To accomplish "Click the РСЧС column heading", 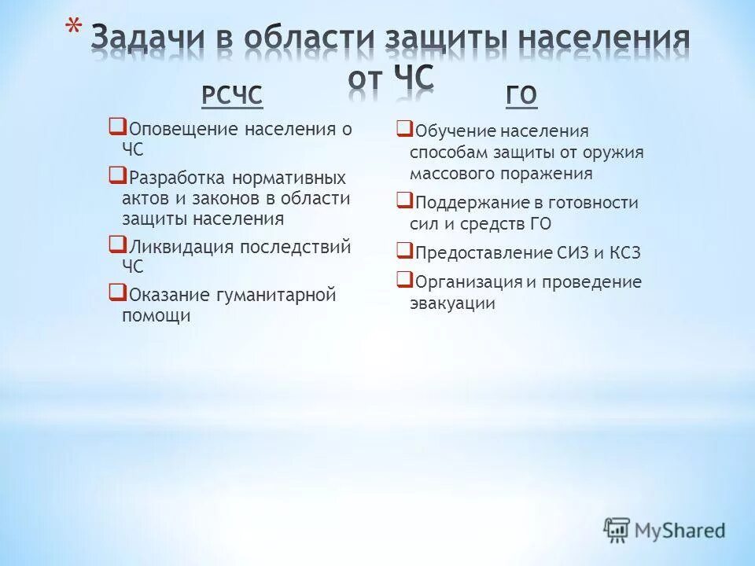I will coord(231,96).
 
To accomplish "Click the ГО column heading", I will coord(521,96).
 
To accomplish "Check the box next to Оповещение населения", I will coord(116,125).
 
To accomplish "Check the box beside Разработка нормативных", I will coord(116,174).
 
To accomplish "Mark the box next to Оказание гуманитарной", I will coord(116,292).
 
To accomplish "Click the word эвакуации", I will coord(452,303).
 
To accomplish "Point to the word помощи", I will coord(157,316).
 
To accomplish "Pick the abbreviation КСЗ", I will coord(625,253).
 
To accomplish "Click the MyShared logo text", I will coord(681,531).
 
